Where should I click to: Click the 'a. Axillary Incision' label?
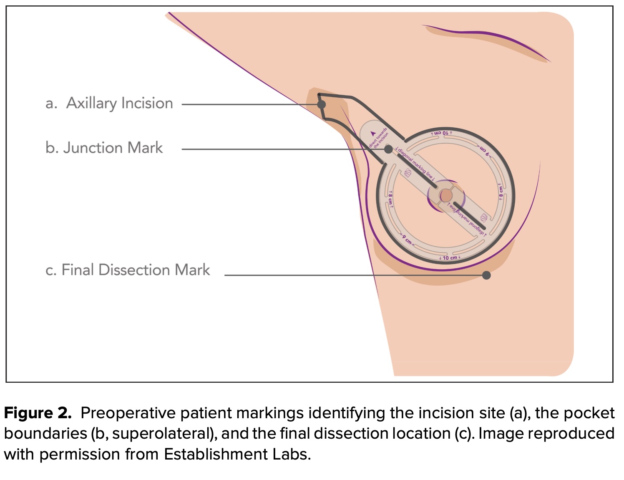tap(109, 103)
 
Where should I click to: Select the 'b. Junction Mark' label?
tap(104, 148)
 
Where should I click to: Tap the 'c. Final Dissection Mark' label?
tap(128, 270)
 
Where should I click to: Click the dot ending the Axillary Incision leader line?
tap(321, 104)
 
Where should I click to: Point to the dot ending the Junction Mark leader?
tap(388, 149)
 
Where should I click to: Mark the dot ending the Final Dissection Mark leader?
tap(486, 275)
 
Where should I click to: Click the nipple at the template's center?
tap(446, 195)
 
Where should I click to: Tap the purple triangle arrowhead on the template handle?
tap(373, 134)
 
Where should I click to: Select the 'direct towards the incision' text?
tap(379, 137)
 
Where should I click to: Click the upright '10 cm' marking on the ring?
tap(450, 258)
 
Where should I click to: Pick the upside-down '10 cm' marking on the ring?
tap(442, 133)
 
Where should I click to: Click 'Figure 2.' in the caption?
tap(38, 413)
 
